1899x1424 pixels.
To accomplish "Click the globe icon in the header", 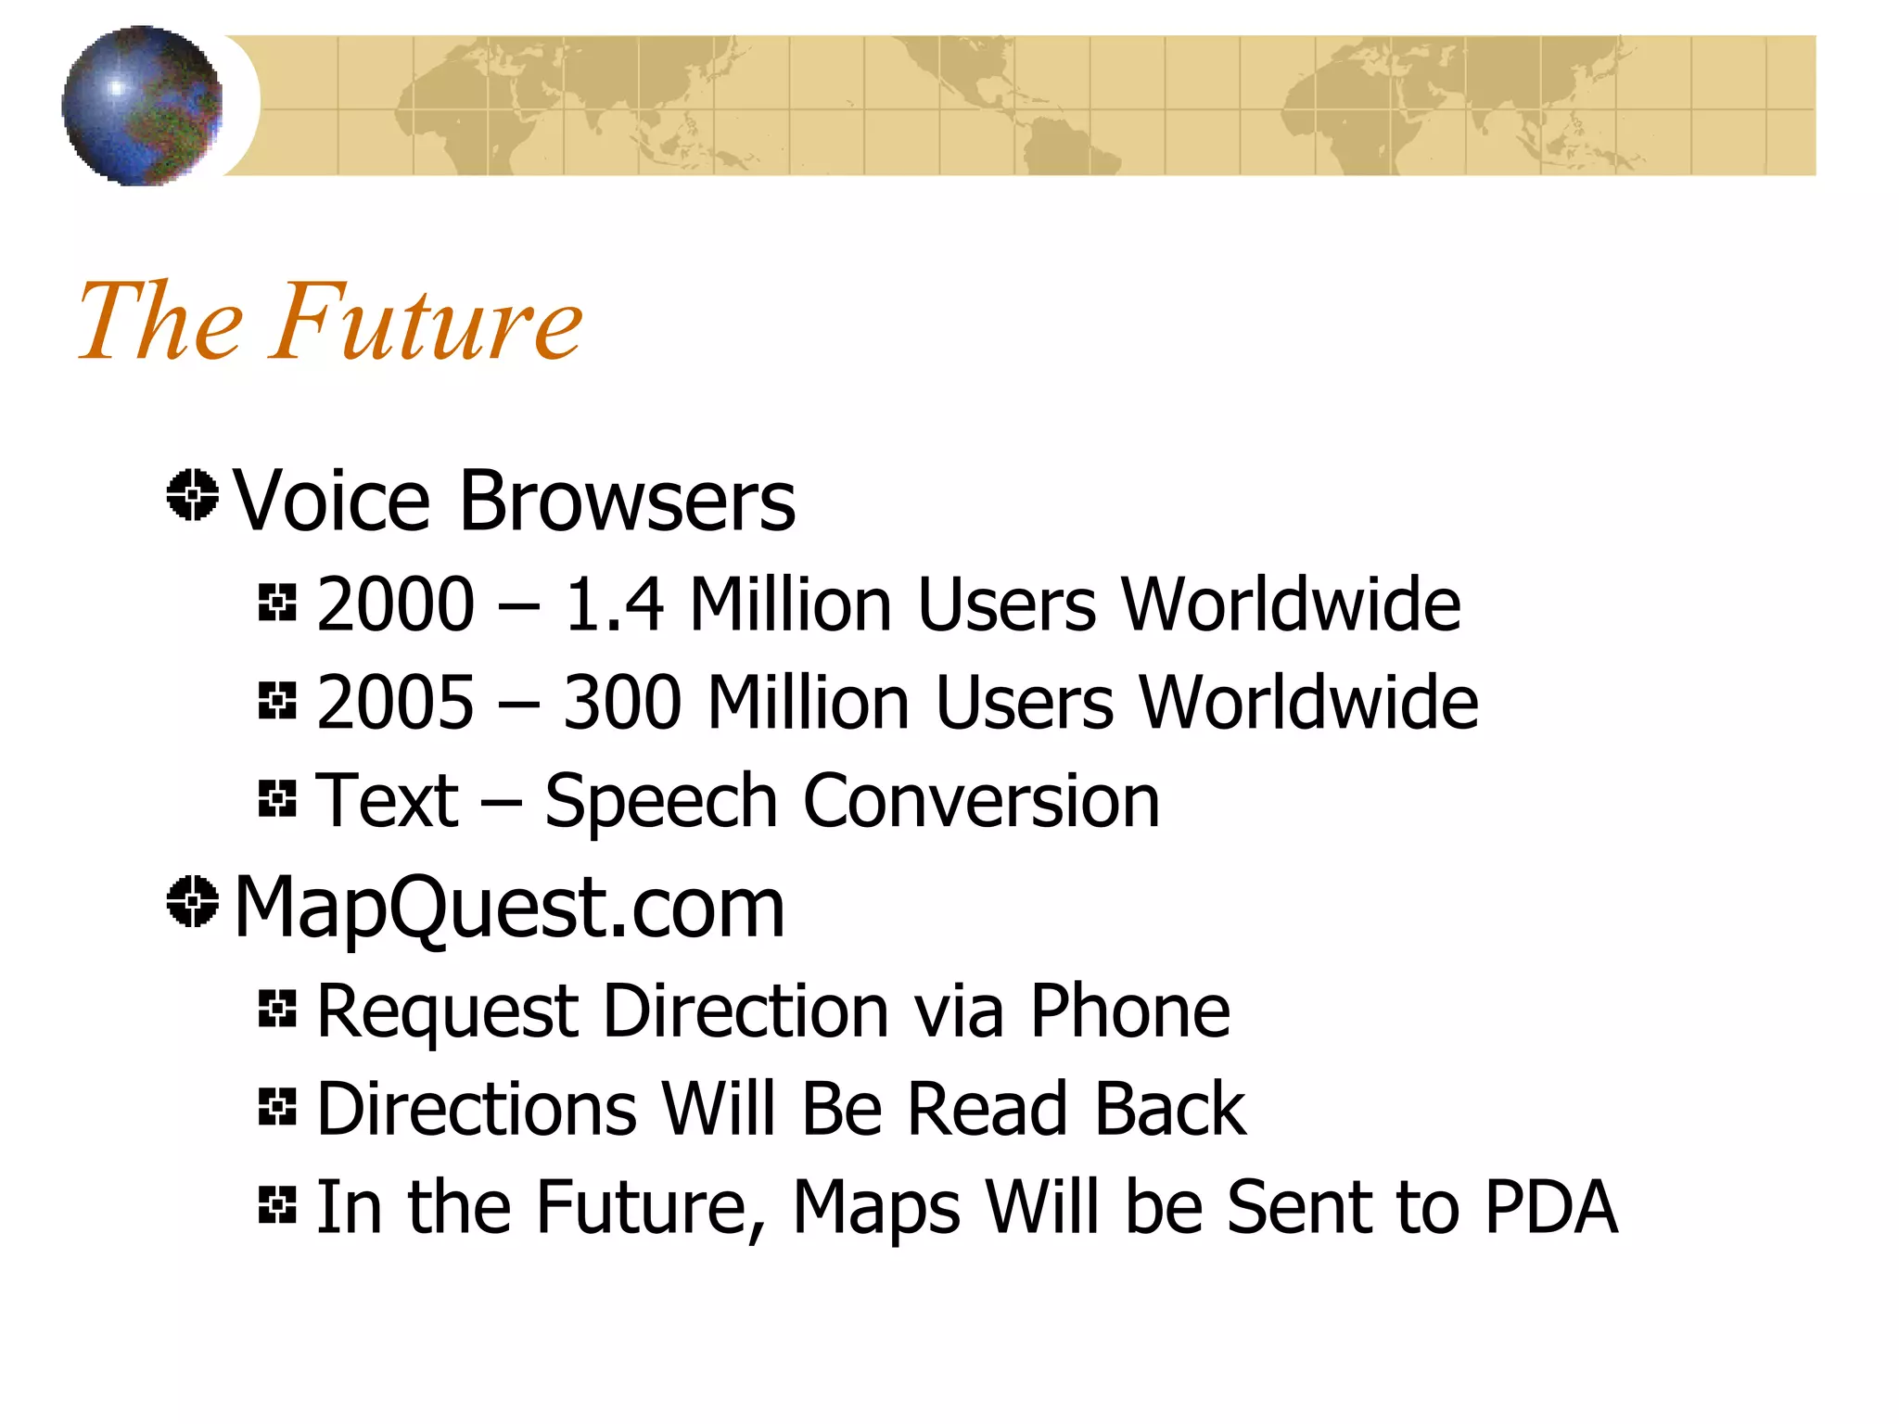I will click(142, 105).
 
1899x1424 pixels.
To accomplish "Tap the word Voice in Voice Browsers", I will click(332, 501).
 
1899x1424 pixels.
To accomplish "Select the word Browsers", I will click(627, 501).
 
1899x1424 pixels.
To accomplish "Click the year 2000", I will click(395, 604).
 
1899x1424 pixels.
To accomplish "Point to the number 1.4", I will click(614, 604).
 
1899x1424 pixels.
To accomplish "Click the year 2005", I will click(395, 703).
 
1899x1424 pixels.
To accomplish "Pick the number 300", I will click(623, 703).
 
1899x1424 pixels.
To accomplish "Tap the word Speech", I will click(660, 801).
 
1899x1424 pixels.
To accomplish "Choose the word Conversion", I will click(981, 801).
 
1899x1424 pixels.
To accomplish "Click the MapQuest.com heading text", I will click(509, 907).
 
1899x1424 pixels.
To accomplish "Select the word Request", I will click(448, 1011).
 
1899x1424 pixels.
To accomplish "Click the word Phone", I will click(1130, 1011).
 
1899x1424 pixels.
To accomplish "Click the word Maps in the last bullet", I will click(876, 1207).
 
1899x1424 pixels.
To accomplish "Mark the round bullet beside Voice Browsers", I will click(193, 495).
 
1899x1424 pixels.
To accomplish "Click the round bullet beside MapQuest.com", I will click(193, 901).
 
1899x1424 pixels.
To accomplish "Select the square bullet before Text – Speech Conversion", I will click(277, 798).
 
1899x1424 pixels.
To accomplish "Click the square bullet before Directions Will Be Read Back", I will click(277, 1106).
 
